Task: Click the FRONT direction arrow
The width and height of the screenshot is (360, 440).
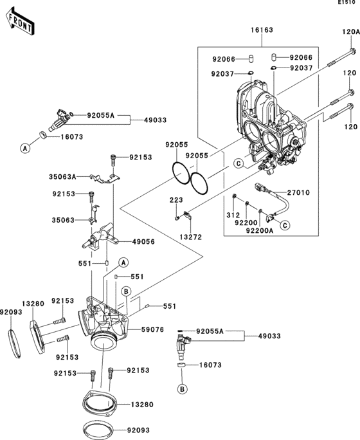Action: click(x=20, y=22)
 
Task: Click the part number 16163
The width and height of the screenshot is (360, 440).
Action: click(x=262, y=30)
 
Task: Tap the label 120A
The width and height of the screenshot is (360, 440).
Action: click(x=350, y=32)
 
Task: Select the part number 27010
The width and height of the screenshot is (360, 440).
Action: click(x=298, y=192)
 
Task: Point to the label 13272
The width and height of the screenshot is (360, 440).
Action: click(x=191, y=237)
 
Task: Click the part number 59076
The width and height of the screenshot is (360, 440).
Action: click(x=152, y=329)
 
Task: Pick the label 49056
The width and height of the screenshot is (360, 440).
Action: click(x=143, y=242)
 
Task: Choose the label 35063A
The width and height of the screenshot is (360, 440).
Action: click(x=62, y=177)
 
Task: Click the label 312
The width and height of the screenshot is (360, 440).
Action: click(x=233, y=215)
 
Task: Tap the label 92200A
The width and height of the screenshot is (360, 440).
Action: click(x=260, y=230)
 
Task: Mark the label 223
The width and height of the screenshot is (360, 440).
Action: click(x=176, y=200)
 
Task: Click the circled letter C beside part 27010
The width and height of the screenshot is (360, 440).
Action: click(x=285, y=225)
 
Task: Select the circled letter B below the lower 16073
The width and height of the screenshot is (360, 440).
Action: click(x=182, y=389)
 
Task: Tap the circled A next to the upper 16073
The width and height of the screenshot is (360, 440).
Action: click(x=25, y=148)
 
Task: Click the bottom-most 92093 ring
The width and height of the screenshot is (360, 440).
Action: click(x=98, y=430)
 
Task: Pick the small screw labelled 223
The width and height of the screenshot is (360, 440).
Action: click(x=177, y=218)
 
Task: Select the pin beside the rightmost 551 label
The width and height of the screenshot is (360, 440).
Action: click(x=147, y=306)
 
